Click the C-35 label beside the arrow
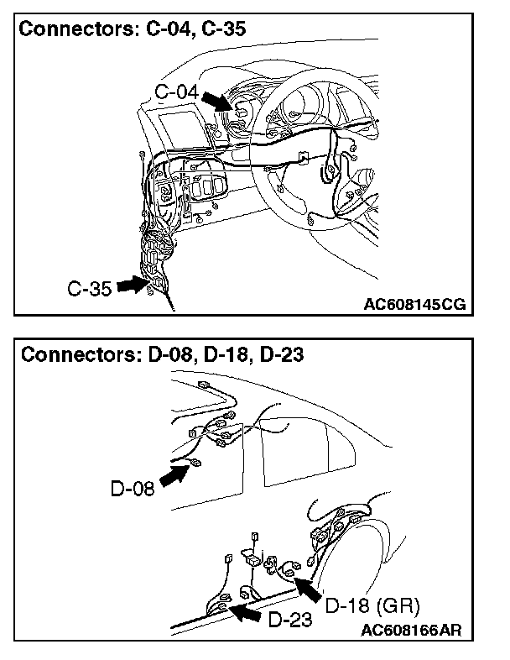[89, 289]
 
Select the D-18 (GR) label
[372, 605]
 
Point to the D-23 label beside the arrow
[291, 621]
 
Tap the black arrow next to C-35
[133, 285]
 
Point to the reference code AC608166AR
[413, 629]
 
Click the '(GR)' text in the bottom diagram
[400, 605]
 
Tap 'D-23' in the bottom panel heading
[281, 354]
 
